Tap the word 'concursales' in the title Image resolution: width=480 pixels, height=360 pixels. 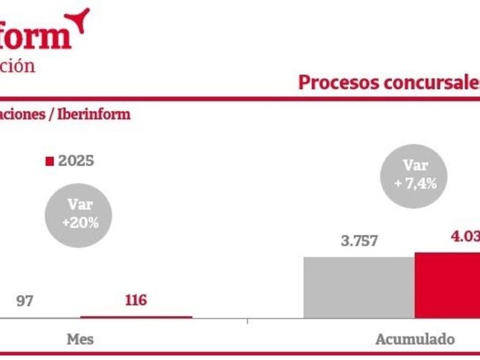[x=424, y=83]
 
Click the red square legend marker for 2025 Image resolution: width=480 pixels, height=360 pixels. [x=50, y=161]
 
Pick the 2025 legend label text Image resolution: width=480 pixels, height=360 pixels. [x=76, y=161]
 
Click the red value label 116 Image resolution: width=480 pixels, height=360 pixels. [x=136, y=300]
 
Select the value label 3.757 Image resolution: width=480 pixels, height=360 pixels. [x=359, y=241]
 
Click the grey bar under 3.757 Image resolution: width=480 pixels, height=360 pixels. [x=359, y=287]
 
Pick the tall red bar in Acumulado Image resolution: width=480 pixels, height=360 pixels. [x=448, y=285]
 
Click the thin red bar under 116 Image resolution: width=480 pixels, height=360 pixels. [x=136, y=317]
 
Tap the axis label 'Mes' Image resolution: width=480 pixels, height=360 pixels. [x=80, y=340]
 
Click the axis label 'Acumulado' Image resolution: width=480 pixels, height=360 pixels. [x=415, y=340]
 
